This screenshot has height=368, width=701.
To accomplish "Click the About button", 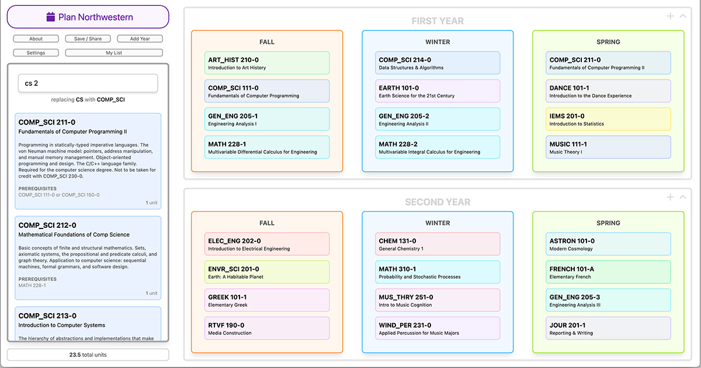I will [x=36, y=39].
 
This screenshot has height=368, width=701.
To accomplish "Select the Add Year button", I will [x=140, y=39].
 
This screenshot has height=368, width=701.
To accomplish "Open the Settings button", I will [x=36, y=53].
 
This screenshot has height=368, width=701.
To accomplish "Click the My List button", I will [x=114, y=53].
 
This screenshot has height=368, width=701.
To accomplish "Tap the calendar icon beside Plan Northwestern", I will [x=51, y=17].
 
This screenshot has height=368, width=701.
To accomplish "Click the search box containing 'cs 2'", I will [x=88, y=83].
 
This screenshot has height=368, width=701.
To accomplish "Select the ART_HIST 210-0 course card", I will [x=268, y=63].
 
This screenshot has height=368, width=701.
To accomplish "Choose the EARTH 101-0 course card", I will [x=438, y=91].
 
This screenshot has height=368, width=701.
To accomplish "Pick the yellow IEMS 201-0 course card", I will [x=609, y=119].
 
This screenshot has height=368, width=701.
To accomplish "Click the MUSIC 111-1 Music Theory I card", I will [x=609, y=147].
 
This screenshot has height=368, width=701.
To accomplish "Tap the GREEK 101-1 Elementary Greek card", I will [x=268, y=300].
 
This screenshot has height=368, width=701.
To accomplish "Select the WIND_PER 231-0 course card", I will [x=438, y=328].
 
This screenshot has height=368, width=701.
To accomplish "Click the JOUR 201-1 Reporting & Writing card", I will [x=609, y=328].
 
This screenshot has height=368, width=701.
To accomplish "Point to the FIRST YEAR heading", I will [x=438, y=21].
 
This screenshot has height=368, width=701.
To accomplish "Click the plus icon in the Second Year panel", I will [x=671, y=197].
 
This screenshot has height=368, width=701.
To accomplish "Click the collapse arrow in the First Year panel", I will [x=683, y=16].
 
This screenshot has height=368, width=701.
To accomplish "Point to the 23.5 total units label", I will [x=88, y=355].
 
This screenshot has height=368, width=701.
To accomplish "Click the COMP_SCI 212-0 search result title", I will [x=47, y=225].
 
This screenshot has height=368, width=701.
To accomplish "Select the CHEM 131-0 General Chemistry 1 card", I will [x=438, y=244].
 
